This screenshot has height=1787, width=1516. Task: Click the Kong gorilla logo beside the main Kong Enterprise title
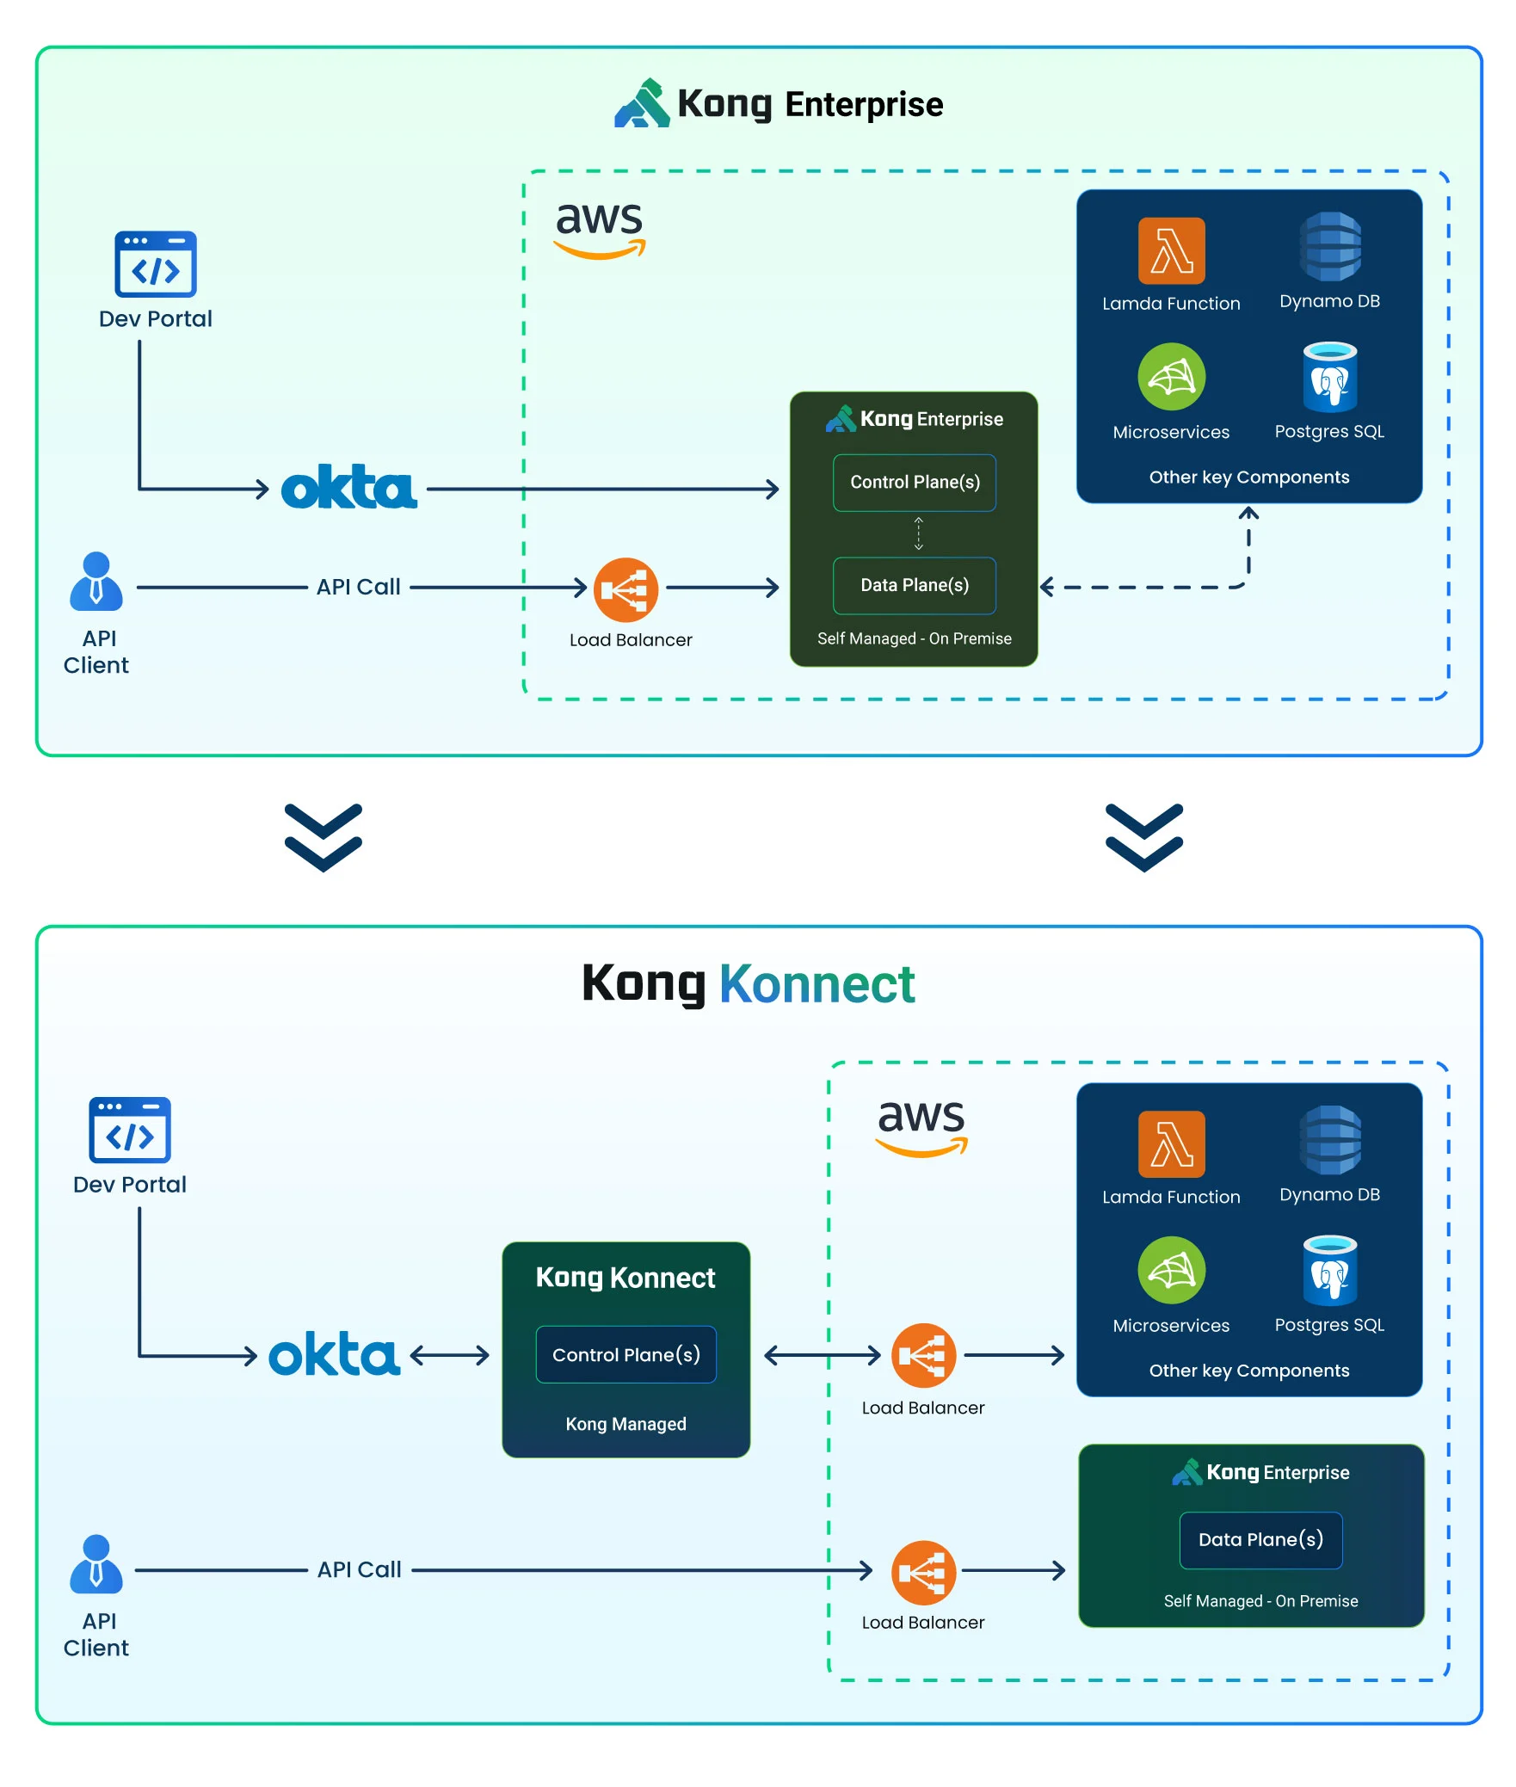pyautogui.click(x=642, y=104)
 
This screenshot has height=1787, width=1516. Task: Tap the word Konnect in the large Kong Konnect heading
pyautogui.click(x=817, y=984)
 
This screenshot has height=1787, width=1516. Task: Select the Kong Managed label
pyautogui.click(x=626, y=1424)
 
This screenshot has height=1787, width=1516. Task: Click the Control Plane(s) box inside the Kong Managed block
pyautogui.click(x=626, y=1355)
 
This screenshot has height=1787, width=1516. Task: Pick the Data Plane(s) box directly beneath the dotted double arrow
pyautogui.click(x=915, y=586)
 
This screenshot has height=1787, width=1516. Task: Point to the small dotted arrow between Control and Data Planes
pyautogui.click(x=918, y=533)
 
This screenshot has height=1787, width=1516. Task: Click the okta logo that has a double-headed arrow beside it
pyautogui.click(x=335, y=1355)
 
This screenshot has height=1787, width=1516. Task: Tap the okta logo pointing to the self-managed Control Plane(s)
pyautogui.click(x=349, y=488)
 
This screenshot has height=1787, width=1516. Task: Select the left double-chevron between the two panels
pyautogui.click(x=324, y=837)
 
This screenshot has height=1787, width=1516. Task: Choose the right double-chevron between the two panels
pyautogui.click(x=1143, y=837)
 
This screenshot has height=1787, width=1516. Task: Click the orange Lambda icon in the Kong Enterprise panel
pyautogui.click(x=1171, y=251)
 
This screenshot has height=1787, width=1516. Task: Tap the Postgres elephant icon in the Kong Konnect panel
pyautogui.click(x=1329, y=1271)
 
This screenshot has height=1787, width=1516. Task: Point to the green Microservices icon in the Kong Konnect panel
pyautogui.click(x=1171, y=1271)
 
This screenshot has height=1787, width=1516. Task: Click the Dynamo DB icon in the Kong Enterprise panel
pyautogui.click(x=1329, y=247)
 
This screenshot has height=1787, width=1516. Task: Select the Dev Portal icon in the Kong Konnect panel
pyautogui.click(x=130, y=1130)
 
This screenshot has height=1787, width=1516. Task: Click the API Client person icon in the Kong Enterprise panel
pyautogui.click(x=96, y=582)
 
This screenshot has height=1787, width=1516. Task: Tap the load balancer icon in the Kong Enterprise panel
pyautogui.click(x=626, y=590)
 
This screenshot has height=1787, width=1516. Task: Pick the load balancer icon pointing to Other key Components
pyautogui.click(x=923, y=1355)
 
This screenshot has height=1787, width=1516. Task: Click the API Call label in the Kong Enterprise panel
pyautogui.click(x=359, y=587)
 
